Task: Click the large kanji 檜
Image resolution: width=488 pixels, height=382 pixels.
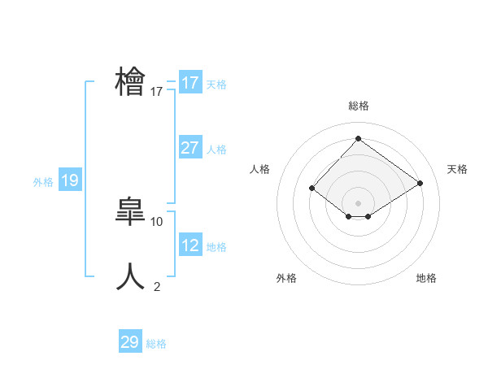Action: click(130, 83)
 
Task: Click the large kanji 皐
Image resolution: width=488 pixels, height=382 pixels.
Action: click(130, 212)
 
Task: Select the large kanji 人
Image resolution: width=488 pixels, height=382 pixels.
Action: click(130, 276)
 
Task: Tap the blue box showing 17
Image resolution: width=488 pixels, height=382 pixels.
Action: click(190, 83)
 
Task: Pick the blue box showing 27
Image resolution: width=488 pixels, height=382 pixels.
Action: click(190, 148)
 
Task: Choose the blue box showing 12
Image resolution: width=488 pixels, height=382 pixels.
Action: click(190, 245)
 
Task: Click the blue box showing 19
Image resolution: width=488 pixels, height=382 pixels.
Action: click(69, 181)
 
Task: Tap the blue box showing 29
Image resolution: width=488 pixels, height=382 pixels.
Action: click(130, 342)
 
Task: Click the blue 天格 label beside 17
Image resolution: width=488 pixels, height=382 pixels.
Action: click(216, 84)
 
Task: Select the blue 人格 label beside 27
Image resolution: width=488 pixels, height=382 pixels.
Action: click(216, 150)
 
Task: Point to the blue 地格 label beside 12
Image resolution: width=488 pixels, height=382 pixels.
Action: click(216, 247)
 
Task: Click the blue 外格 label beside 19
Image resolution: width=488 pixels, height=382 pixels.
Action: click(43, 183)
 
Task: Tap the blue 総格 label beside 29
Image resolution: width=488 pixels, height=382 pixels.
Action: click(156, 344)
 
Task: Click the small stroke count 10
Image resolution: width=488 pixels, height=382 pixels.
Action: click(157, 221)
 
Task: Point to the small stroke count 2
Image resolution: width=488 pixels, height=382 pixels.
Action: click(157, 286)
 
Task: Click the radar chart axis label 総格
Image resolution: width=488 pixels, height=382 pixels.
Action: click(358, 106)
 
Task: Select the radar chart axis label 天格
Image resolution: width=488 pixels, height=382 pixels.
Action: click(457, 169)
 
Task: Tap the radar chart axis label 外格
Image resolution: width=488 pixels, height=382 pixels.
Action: click(286, 278)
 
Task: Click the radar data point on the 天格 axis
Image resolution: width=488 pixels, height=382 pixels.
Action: click(420, 184)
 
